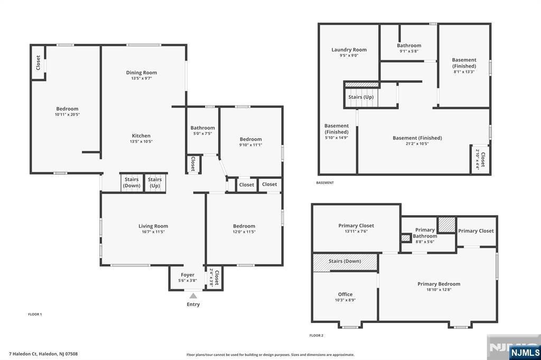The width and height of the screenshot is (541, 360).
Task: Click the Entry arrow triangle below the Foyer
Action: click(193, 296)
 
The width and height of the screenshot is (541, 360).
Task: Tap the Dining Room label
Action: click(142, 72)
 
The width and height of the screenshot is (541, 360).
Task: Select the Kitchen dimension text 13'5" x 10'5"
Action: click(141, 141)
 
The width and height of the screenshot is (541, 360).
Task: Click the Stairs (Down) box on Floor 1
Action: click(132, 183)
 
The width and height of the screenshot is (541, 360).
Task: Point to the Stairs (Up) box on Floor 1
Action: click(155, 183)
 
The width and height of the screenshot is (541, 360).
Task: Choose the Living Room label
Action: click(153, 226)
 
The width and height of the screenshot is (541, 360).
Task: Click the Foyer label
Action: click(188, 275)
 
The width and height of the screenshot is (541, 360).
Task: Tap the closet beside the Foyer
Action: click(214, 278)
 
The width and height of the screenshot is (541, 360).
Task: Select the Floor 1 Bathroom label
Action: click(202, 128)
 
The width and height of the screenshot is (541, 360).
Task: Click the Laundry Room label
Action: click(349, 50)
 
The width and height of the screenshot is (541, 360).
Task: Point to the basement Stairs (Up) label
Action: click(361, 97)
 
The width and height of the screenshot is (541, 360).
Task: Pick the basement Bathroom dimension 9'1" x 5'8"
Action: click(409, 51)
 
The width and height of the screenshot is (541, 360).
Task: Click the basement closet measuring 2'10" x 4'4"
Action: click(480, 159)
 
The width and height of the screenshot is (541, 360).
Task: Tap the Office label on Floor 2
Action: click(346, 294)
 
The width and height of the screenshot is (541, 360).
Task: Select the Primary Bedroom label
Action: click(439, 284)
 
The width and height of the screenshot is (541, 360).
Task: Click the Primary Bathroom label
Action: click(425, 233)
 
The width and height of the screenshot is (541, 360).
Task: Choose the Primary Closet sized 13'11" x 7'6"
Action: click(356, 228)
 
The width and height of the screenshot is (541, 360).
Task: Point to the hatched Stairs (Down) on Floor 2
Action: click(345, 263)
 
